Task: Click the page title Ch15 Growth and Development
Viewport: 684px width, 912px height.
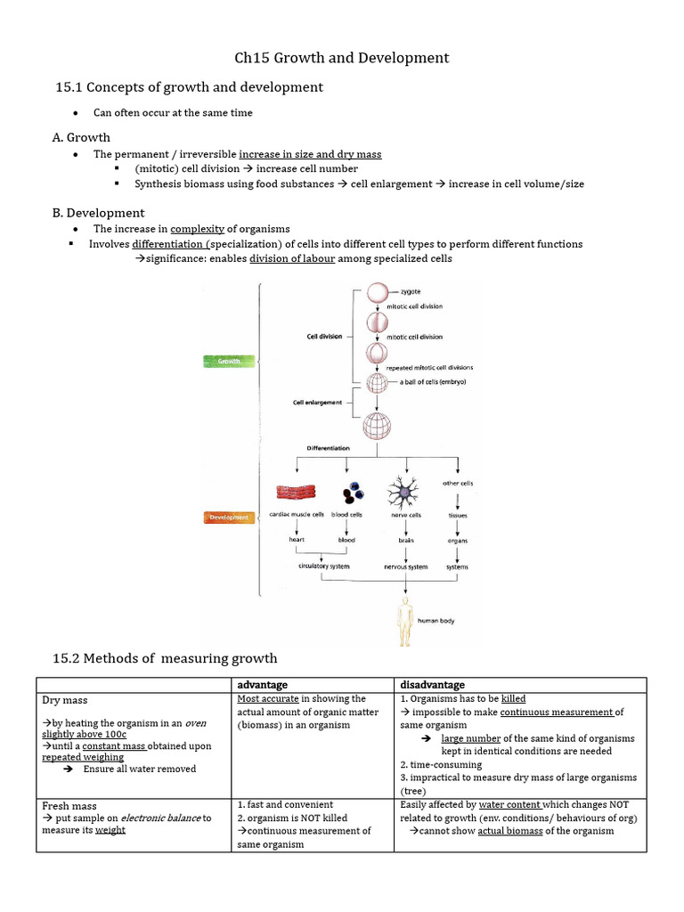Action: [342, 58]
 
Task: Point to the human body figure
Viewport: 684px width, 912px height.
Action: [406, 622]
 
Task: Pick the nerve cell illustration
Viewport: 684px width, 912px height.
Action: [406, 491]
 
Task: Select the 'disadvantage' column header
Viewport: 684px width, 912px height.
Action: [432, 684]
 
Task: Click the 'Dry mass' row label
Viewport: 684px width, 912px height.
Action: [65, 700]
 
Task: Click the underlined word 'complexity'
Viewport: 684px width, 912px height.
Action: [197, 229]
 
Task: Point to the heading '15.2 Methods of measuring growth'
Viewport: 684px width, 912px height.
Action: [167, 658]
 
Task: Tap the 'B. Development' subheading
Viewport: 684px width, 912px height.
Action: [99, 213]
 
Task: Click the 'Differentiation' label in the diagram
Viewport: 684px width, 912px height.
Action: [329, 448]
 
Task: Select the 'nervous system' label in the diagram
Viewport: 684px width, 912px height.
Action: [406, 566]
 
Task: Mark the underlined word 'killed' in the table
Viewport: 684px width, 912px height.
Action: [514, 699]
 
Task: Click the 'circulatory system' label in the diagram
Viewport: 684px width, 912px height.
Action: [324, 566]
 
